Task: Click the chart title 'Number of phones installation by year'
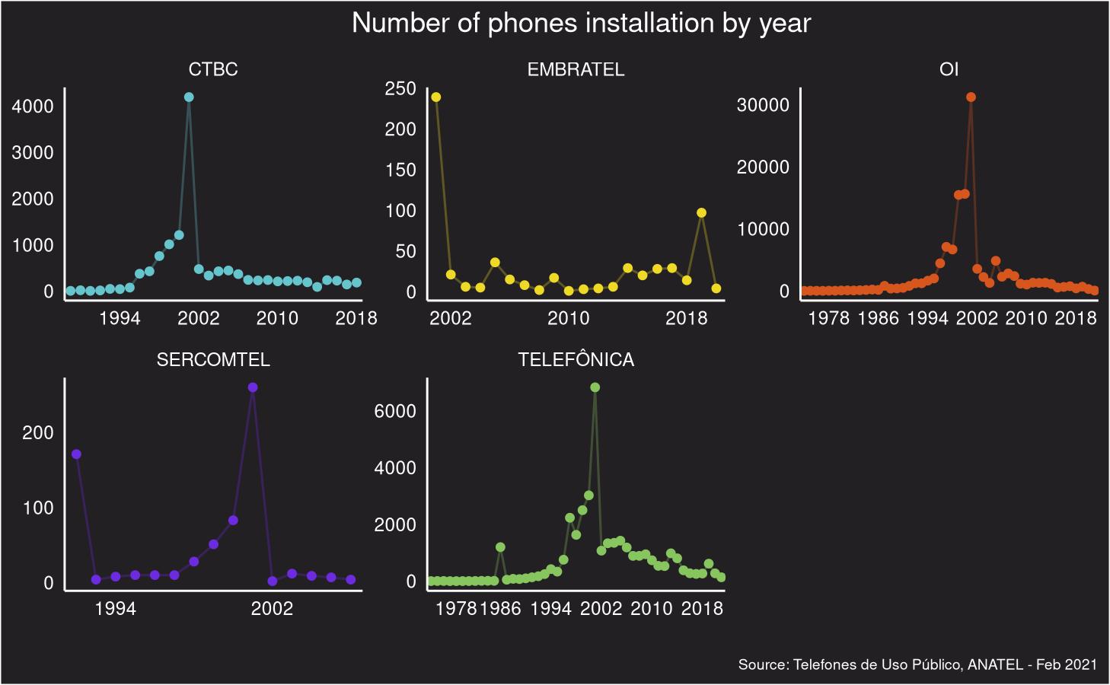(x=581, y=24)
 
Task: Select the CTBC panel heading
(x=213, y=69)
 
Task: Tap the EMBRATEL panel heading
(x=576, y=69)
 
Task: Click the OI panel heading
(x=949, y=69)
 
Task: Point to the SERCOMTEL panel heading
(x=213, y=359)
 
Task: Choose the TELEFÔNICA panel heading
(x=576, y=359)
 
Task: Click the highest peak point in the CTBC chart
(x=189, y=97)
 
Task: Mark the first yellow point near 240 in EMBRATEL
(x=436, y=97)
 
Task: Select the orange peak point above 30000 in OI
(x=971, y=97)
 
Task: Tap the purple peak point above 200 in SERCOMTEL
(x=253, y=387)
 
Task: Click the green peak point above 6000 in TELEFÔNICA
(x=595, y=387)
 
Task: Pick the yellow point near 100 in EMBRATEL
(x=701, y=213)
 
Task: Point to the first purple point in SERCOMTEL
(x=76, y=454)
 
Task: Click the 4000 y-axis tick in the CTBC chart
(x=33, y=106)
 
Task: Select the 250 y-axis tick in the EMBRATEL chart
(x=400, y=88)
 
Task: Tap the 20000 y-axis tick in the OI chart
(x=763, y=167)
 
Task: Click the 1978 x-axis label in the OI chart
(x=828, y=317)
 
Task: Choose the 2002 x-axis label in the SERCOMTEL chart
(x=272, y=608)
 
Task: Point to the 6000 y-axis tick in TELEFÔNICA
(x=395, y=411)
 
